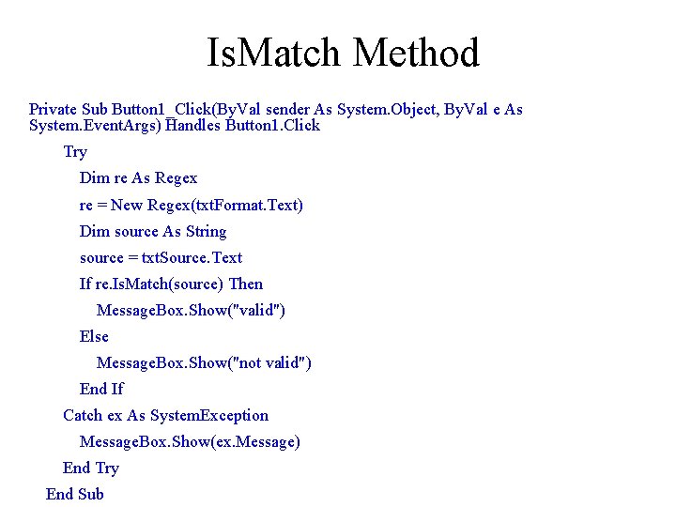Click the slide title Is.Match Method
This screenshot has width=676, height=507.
click(343, 53)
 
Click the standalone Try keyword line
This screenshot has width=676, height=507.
click(75, 152)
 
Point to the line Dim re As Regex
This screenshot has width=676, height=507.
click(138, 178)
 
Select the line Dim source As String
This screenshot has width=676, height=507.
click(153, 231)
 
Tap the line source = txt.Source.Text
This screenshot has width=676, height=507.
click(161, 257)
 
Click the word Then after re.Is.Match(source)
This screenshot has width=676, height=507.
click(246, 284)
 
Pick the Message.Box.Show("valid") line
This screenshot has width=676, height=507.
click(191, 310)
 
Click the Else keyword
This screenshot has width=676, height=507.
click(94, 336)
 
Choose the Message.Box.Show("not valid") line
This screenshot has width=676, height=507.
click(204, 362)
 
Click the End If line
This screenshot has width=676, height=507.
click(101, 389)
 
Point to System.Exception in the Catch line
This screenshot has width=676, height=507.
click(208, 415)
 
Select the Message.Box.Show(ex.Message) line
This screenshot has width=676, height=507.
click(190, 441)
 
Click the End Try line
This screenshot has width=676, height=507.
click(91, 468)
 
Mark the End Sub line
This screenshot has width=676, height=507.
click(75, 494)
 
